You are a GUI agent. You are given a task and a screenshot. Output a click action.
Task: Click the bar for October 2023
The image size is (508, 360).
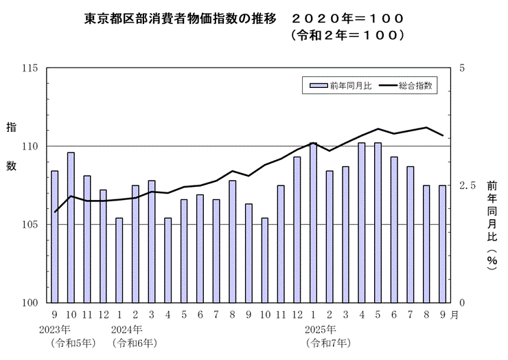click(71, 227)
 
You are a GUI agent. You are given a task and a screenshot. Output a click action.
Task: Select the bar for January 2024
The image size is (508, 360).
click(119, 260)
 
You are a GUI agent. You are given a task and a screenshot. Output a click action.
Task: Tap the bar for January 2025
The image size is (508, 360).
click(314, 223)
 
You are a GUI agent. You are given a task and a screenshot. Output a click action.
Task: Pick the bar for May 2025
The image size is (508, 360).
click(378, 223)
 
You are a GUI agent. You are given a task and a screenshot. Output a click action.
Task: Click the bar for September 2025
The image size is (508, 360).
click(443, 244)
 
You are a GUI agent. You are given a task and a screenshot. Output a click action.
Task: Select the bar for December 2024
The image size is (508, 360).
click(297, 229)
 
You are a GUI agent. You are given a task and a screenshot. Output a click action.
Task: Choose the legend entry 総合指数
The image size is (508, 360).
click(406, 86)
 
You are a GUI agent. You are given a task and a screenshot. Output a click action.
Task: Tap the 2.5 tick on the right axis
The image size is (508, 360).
click(467, 185)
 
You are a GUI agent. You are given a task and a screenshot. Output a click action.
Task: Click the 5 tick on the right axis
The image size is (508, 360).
click(462, 69)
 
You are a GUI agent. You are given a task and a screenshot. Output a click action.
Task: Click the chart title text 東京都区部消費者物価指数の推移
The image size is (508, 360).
click(178, 17)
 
